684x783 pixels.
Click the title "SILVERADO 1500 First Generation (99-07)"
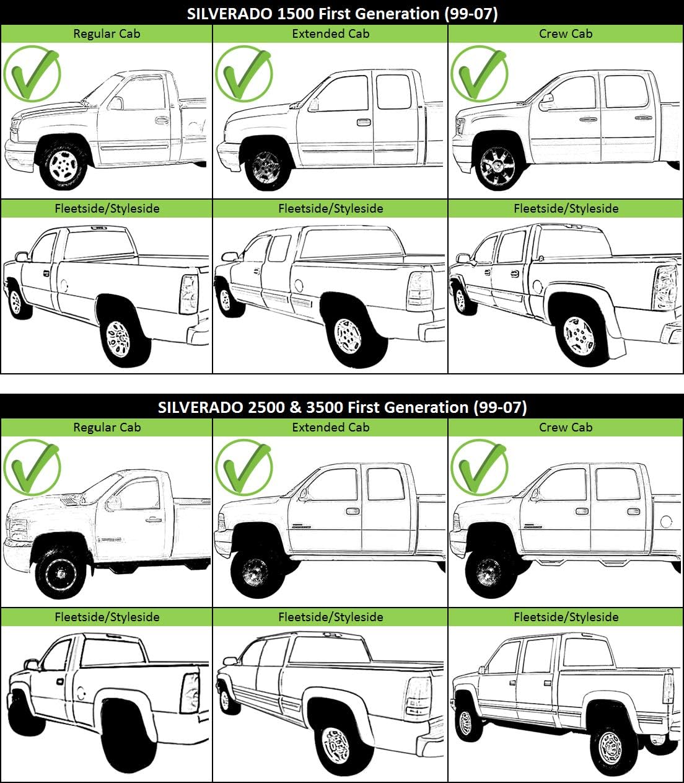342,13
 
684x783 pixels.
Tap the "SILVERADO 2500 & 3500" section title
342,407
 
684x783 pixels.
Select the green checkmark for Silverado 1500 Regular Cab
32,73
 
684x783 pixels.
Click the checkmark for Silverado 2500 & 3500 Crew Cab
479,467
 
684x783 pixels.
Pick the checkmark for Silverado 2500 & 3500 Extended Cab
243,467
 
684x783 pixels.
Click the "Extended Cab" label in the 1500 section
330,34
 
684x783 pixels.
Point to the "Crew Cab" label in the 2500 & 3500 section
566,427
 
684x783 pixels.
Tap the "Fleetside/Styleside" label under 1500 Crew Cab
566,208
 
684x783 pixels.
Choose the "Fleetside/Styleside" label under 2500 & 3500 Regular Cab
107,617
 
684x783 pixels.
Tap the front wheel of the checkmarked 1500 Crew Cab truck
498,167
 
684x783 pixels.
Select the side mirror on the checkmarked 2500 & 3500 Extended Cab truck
303,494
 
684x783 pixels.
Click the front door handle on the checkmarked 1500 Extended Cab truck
363,122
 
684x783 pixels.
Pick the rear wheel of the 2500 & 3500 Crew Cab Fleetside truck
610,748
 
